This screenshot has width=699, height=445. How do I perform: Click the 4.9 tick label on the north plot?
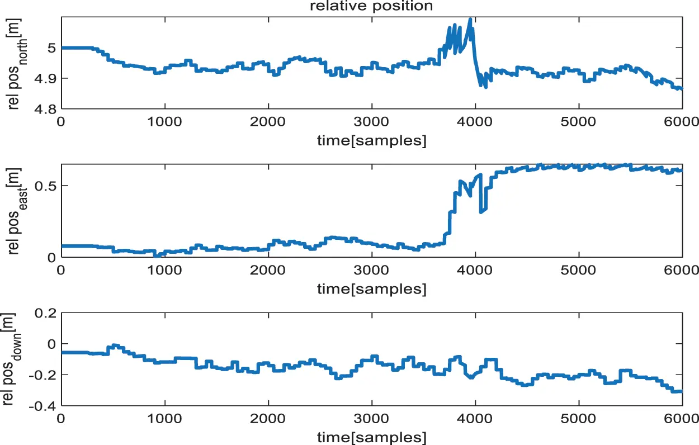(x=45, y=78)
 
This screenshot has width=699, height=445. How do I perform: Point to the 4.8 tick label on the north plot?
(x=45, y=109)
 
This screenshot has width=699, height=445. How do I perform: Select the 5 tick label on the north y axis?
(x=51, y=48)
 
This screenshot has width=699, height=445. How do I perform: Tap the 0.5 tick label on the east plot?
(x=45, y=186)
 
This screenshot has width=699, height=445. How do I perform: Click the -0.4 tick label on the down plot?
(x=42, y=406)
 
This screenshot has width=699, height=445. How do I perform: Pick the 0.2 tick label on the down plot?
(x=45, y=313)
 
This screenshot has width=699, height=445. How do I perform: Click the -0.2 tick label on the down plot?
(x=42, y=375)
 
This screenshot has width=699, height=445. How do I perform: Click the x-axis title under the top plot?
(x=371, y=141)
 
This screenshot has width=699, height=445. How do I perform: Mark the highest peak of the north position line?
(x=470, y=19)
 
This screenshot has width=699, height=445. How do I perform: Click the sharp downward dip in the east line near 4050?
(x=481, y=211)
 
